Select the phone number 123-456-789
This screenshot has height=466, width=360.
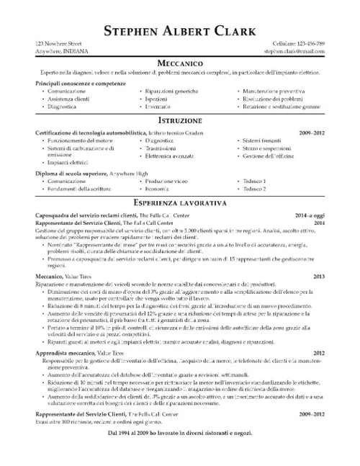(305, 44)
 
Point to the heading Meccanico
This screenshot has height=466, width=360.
(179, 63)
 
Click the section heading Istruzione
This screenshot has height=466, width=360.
(179, 120)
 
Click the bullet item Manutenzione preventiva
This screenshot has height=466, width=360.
(274, 92)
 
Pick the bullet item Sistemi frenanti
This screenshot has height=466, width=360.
(262, 140)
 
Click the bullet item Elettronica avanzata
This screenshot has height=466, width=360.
(171, 156)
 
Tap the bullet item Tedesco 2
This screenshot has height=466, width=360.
(255, 189)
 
